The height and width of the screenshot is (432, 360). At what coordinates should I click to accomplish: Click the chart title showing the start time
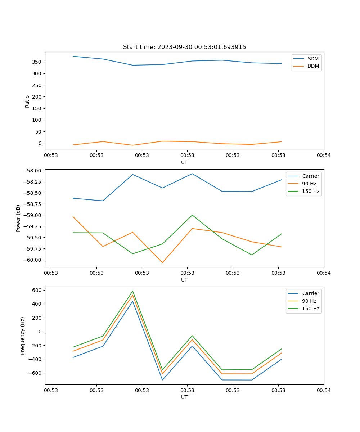[184, 47]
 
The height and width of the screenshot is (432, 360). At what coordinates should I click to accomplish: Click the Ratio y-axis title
[27, 101]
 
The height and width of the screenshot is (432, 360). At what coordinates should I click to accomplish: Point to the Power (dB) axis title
[18, 218]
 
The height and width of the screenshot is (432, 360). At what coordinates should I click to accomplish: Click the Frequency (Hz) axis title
[23, 336]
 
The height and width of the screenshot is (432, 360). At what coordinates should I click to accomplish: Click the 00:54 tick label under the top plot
[324, 156]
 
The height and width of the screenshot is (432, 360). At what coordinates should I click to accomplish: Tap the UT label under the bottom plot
[184, 397]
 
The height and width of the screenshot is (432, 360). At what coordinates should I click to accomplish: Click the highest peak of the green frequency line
[132, 291]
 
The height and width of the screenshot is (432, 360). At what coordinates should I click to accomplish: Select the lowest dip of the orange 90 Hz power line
[162, 262]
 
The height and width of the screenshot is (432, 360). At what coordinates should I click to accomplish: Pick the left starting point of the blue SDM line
[73, 56]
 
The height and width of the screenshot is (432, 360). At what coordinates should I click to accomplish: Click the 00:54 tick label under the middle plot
[324, 273]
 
